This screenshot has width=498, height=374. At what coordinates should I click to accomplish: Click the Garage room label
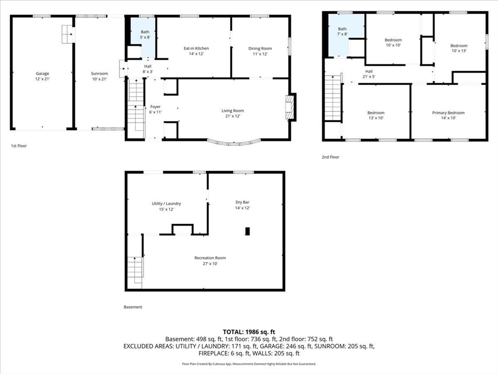[x=42, y=74]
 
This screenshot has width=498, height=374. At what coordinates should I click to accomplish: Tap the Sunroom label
[x=99, y=74]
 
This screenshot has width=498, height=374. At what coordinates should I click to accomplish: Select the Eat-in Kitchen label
[x=196, y=48]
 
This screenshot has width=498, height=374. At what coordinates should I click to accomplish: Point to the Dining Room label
[x=260, y=48]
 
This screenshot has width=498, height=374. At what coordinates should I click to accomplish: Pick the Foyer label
[x=155, y=107]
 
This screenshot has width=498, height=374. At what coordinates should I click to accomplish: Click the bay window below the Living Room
[x=234, y=143]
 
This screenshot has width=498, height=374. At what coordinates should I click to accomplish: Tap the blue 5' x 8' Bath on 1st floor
[x=143, y=37]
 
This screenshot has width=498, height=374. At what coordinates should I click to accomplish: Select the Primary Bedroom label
[x=448, y=112]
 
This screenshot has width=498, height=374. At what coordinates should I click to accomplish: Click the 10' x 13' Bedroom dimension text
[x=459, y=51]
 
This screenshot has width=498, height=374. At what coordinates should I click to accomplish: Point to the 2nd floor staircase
[x=333, y=98]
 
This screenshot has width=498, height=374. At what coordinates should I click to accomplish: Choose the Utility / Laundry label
[x=166, y=204]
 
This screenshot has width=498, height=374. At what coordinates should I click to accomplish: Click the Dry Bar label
[x=242, y=202]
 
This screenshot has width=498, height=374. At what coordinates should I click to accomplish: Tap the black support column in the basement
[x=248, y=231]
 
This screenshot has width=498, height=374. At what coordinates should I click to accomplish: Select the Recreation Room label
[x=210, y=258]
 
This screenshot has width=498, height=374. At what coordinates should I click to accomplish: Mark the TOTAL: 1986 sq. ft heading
[x=249, y=332]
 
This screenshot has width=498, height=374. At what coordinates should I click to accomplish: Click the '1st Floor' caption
[x=19, y=146]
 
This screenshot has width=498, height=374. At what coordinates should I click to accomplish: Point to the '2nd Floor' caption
[x=330, y=157]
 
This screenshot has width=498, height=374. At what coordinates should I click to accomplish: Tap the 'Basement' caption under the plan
[x=133, y=307]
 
